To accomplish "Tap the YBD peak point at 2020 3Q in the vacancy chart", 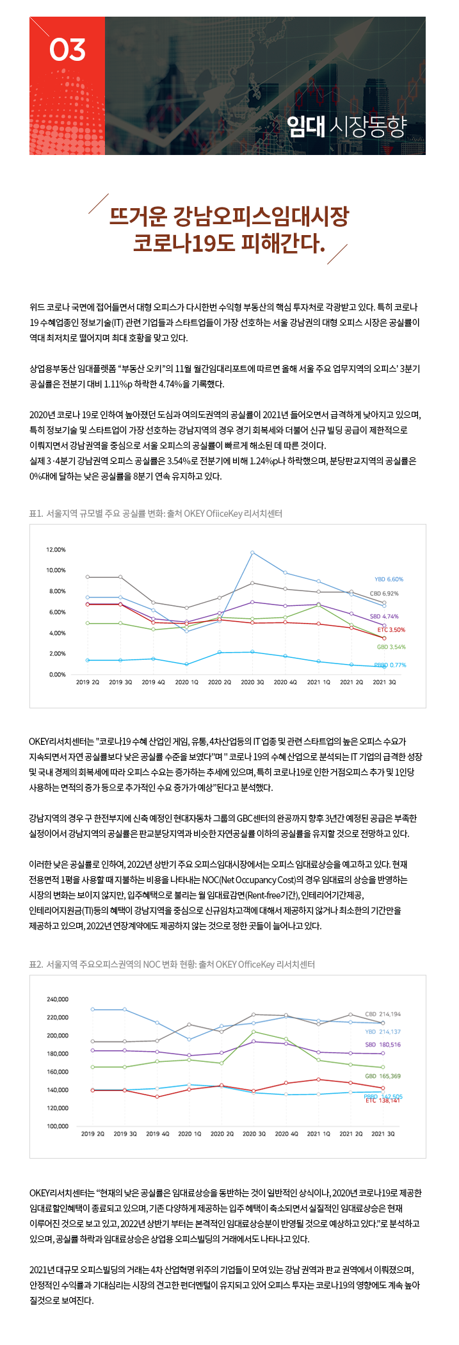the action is point(252,552).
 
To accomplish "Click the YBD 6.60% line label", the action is point(389,579).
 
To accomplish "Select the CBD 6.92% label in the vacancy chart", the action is point(384,594).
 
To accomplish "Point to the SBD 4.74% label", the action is point(384,616).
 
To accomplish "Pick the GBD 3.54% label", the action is point(391,647).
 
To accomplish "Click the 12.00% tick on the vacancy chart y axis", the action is point(56,550).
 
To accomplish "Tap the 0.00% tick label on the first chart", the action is point(57,674).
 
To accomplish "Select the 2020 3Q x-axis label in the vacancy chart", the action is point(252,682).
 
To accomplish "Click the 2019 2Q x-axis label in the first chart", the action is point(88,682).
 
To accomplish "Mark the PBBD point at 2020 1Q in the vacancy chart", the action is point(186,664).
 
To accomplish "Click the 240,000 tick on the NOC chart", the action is point(58,999).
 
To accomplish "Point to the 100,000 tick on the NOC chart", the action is point(58,1126).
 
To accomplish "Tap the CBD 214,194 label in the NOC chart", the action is point(383,1014).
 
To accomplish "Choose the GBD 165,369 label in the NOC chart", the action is point(383,1076).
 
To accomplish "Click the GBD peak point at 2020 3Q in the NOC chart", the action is point(254,1031).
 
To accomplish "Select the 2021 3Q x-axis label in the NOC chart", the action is point(383,1134).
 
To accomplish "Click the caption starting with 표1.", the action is point(156,514).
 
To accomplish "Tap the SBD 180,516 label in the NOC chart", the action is point(383,1045).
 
